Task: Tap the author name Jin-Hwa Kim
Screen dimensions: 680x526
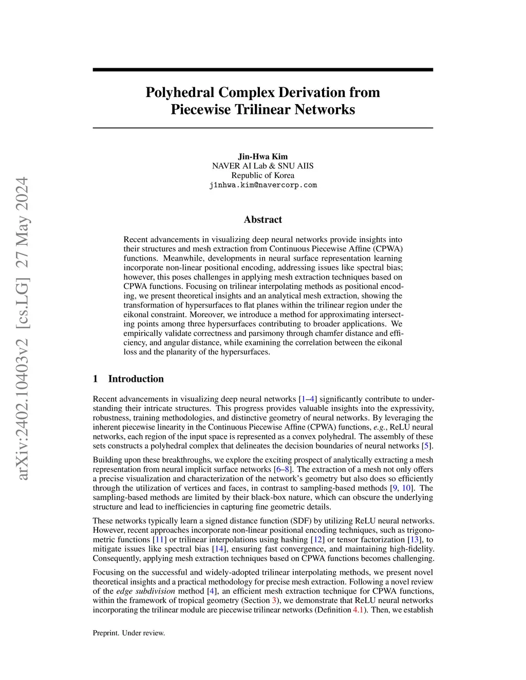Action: click(263, 157)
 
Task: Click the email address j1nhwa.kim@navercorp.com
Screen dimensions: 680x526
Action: click(263, 185)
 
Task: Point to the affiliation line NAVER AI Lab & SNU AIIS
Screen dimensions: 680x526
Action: click(263, 166)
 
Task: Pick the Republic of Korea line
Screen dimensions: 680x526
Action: click(263, 176)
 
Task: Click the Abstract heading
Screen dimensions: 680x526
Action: click(263, 220)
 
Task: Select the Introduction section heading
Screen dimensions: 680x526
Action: click(136, 379)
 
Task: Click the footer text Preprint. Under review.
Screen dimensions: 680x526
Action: click(129, 633)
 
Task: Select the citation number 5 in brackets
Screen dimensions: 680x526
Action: click(426, 446)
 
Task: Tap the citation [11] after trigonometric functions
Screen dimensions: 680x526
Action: click(159, 540)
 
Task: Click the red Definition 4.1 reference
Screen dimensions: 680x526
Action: click(358, 610)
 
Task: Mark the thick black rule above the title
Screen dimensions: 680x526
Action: click(263, 70)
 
